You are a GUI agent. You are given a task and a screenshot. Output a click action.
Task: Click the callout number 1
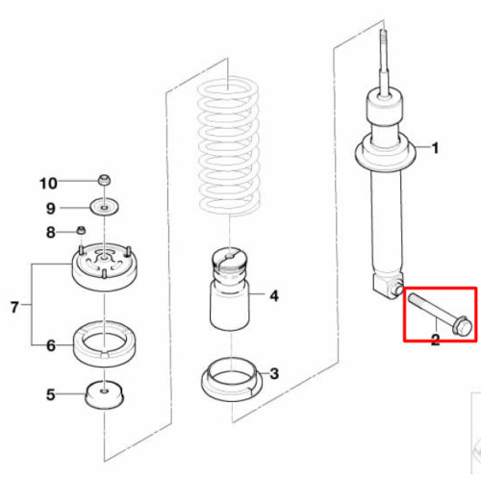tap(435, 148)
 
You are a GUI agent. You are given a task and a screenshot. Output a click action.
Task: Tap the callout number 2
tap(435, 340)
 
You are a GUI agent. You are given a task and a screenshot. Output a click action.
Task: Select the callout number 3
tap(274, 373)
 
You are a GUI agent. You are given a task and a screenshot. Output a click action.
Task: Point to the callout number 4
tap(274, 296)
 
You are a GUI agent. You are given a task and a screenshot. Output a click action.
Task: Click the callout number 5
tap(51, 394)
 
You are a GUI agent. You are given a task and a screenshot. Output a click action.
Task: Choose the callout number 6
tap(51, 345)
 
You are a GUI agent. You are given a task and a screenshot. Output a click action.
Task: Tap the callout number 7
tap(14, 307)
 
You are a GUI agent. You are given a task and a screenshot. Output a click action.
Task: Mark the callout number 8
tap(51, 232)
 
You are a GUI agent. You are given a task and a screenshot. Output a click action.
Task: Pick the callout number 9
tap(51, 209)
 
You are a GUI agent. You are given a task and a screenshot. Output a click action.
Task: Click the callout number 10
tap(48, 184)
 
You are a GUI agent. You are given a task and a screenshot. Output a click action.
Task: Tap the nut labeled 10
tap(104, 180)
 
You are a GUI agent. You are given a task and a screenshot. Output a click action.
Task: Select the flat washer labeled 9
tap(104, 208)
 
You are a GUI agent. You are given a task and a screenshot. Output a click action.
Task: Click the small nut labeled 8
tap(81, 230)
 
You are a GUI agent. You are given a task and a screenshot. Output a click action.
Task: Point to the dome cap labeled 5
tap(104, 394)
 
